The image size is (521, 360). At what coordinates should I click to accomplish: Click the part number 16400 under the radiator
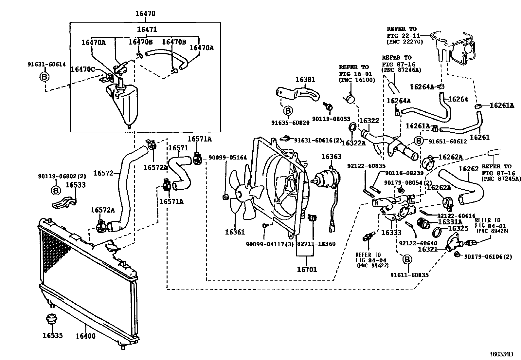tap(85, 336)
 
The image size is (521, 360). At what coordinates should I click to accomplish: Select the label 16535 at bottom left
tap(52, 335)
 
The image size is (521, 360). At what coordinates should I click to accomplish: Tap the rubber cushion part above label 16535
tap(51, 319)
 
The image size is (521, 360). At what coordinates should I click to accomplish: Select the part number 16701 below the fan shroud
tap(307, 270)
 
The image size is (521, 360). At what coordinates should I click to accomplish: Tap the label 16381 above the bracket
tap(305, 79)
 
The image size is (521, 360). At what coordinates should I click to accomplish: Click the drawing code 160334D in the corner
tap(501, 354)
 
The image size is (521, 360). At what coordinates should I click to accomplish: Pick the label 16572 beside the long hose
tap(103, 173)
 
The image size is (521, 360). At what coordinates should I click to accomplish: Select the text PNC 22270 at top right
tap(404, 42)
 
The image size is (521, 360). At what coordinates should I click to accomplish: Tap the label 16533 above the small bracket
tap(76, 185)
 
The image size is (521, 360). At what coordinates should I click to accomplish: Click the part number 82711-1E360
tap(316, 244)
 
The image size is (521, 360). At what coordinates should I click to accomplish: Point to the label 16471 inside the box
tap(147, 29)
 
